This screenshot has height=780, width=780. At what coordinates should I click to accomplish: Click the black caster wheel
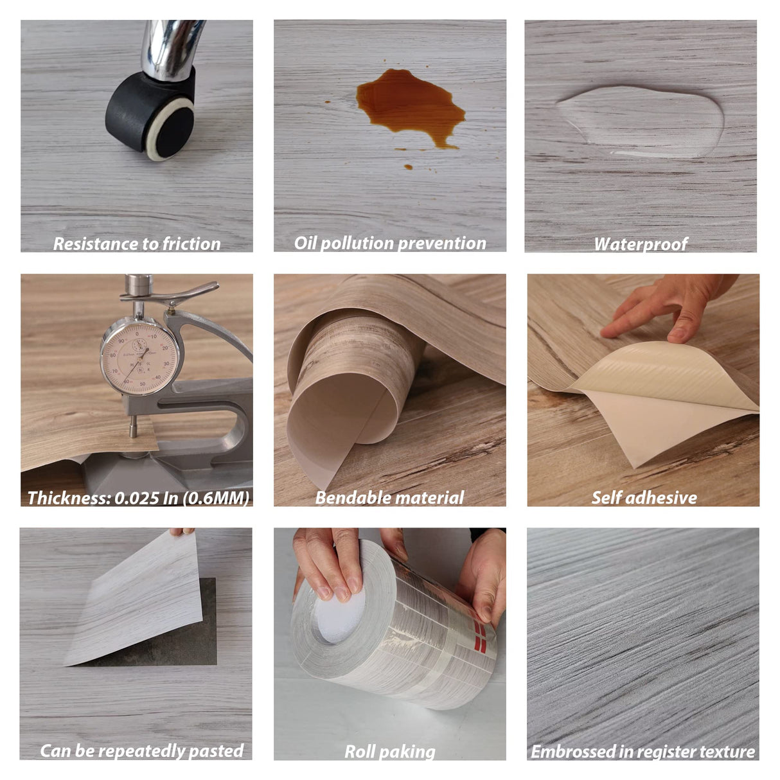pos(152,116)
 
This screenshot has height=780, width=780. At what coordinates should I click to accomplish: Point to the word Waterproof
pos(640,244)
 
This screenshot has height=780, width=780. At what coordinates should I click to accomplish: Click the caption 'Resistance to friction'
pos(136,244)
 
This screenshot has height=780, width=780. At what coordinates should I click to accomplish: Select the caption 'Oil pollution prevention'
pos(389,244)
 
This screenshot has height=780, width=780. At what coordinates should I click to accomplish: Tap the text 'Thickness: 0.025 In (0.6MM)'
pos(137,498)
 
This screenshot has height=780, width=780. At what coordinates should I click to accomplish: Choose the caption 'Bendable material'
pos(389,498)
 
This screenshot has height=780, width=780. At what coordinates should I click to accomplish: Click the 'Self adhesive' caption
pos(644,498)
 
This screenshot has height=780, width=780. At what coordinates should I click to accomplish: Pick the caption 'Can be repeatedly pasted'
pos(141,750)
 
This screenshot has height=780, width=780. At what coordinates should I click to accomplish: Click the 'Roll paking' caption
pos(389,751)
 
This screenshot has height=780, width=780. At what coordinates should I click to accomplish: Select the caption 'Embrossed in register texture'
pos(643,751)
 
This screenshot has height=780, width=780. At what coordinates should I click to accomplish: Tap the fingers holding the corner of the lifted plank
pos(182,532)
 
